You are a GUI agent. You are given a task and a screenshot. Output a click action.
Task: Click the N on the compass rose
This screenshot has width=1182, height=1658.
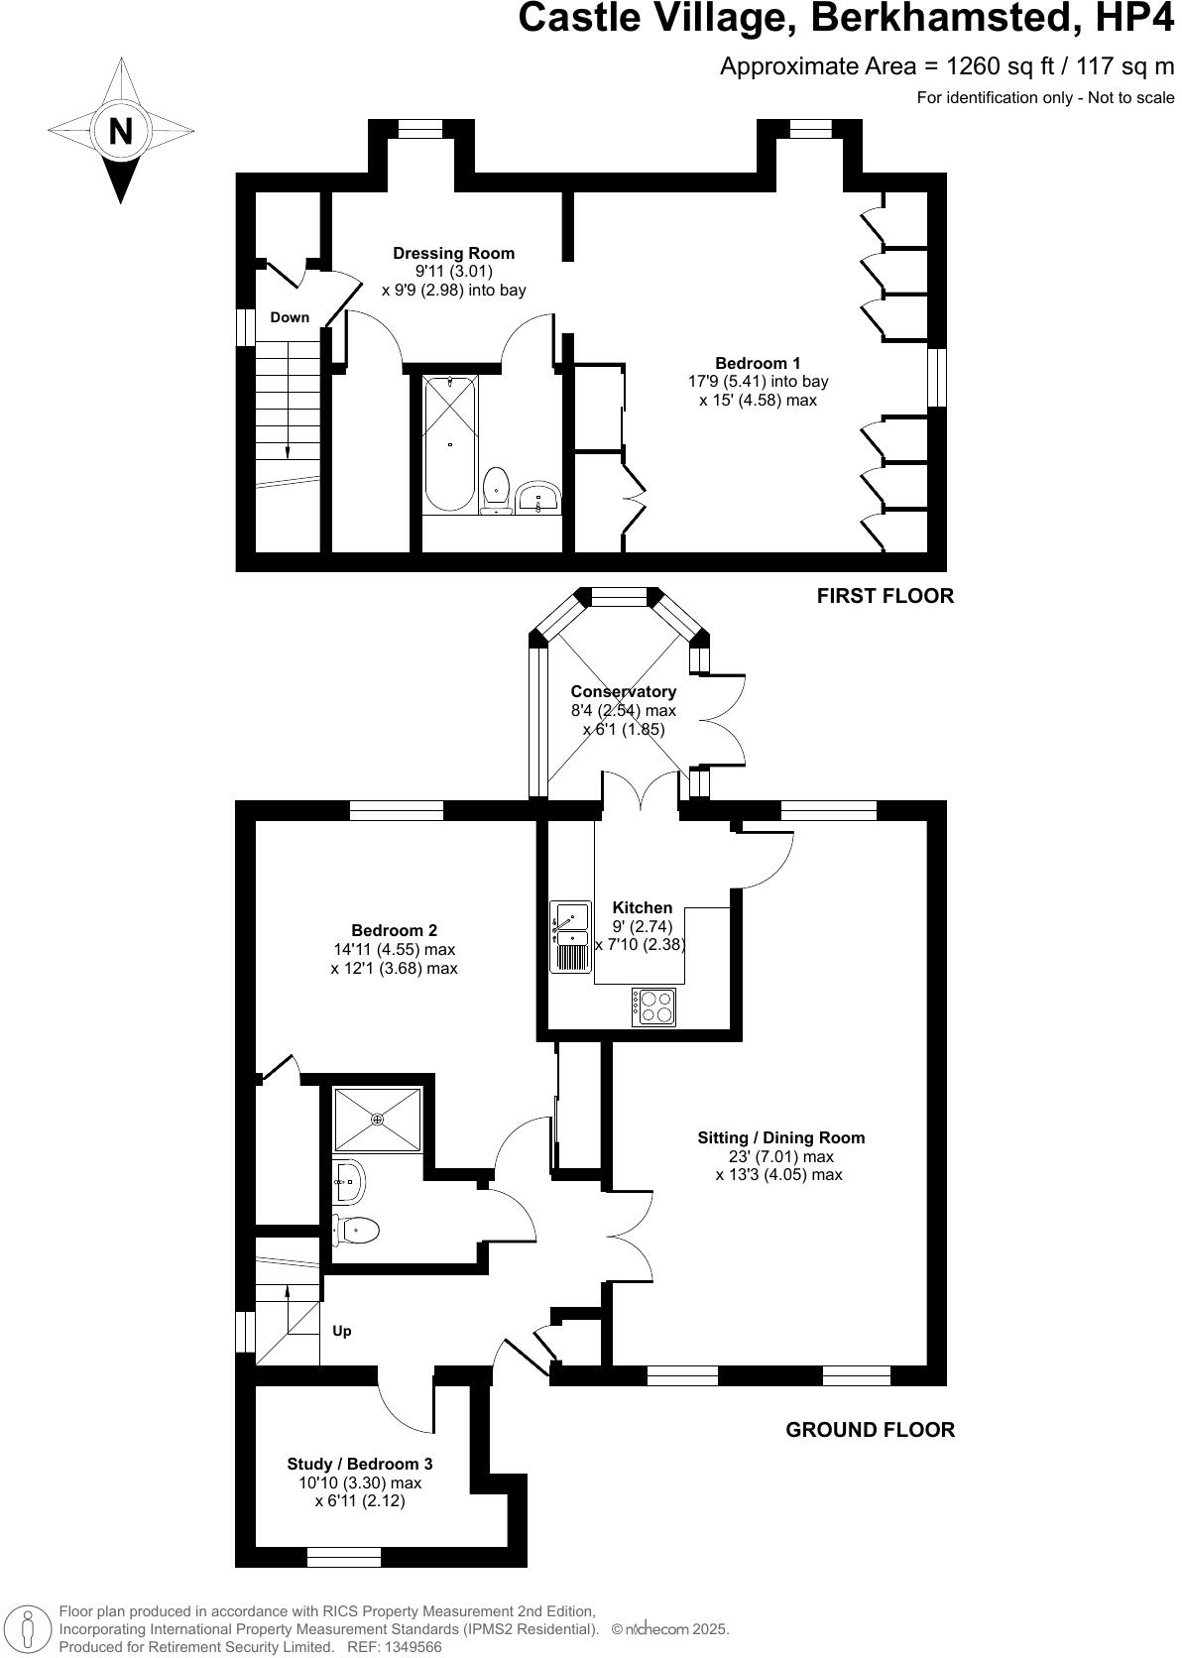121,131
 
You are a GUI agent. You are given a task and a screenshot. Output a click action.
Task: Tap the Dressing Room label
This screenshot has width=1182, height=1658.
453,253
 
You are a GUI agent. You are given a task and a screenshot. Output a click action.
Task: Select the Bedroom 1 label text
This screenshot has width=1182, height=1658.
758,363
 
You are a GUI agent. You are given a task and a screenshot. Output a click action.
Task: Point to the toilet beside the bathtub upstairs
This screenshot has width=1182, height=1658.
497,489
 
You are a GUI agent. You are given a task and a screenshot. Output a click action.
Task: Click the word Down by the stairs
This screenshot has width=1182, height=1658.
290,317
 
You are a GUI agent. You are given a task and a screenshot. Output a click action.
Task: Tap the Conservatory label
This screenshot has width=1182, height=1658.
623,691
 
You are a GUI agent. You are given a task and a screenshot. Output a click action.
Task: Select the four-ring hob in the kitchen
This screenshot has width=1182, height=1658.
653,1007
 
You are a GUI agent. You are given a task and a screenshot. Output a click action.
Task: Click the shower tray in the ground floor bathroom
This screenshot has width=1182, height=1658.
378,1120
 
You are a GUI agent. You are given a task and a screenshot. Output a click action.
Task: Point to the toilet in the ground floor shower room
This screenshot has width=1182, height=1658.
356,1231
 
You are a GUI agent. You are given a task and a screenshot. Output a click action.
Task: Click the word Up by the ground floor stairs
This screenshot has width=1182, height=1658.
341,1331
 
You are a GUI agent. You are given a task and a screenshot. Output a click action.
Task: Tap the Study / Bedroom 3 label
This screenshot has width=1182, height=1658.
359,1464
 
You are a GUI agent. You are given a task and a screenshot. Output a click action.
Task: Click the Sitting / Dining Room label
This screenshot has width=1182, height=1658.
780,1137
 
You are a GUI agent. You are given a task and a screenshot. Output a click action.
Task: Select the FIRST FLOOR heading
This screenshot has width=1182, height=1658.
885,596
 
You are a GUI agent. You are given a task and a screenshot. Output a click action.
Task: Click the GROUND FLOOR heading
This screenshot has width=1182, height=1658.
870,1430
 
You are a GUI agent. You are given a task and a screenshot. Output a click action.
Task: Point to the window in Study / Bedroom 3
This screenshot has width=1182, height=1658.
344,1558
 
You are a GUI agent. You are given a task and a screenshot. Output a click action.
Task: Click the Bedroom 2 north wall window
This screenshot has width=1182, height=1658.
397,810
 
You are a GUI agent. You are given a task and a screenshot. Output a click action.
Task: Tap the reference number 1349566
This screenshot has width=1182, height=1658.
413,1646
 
